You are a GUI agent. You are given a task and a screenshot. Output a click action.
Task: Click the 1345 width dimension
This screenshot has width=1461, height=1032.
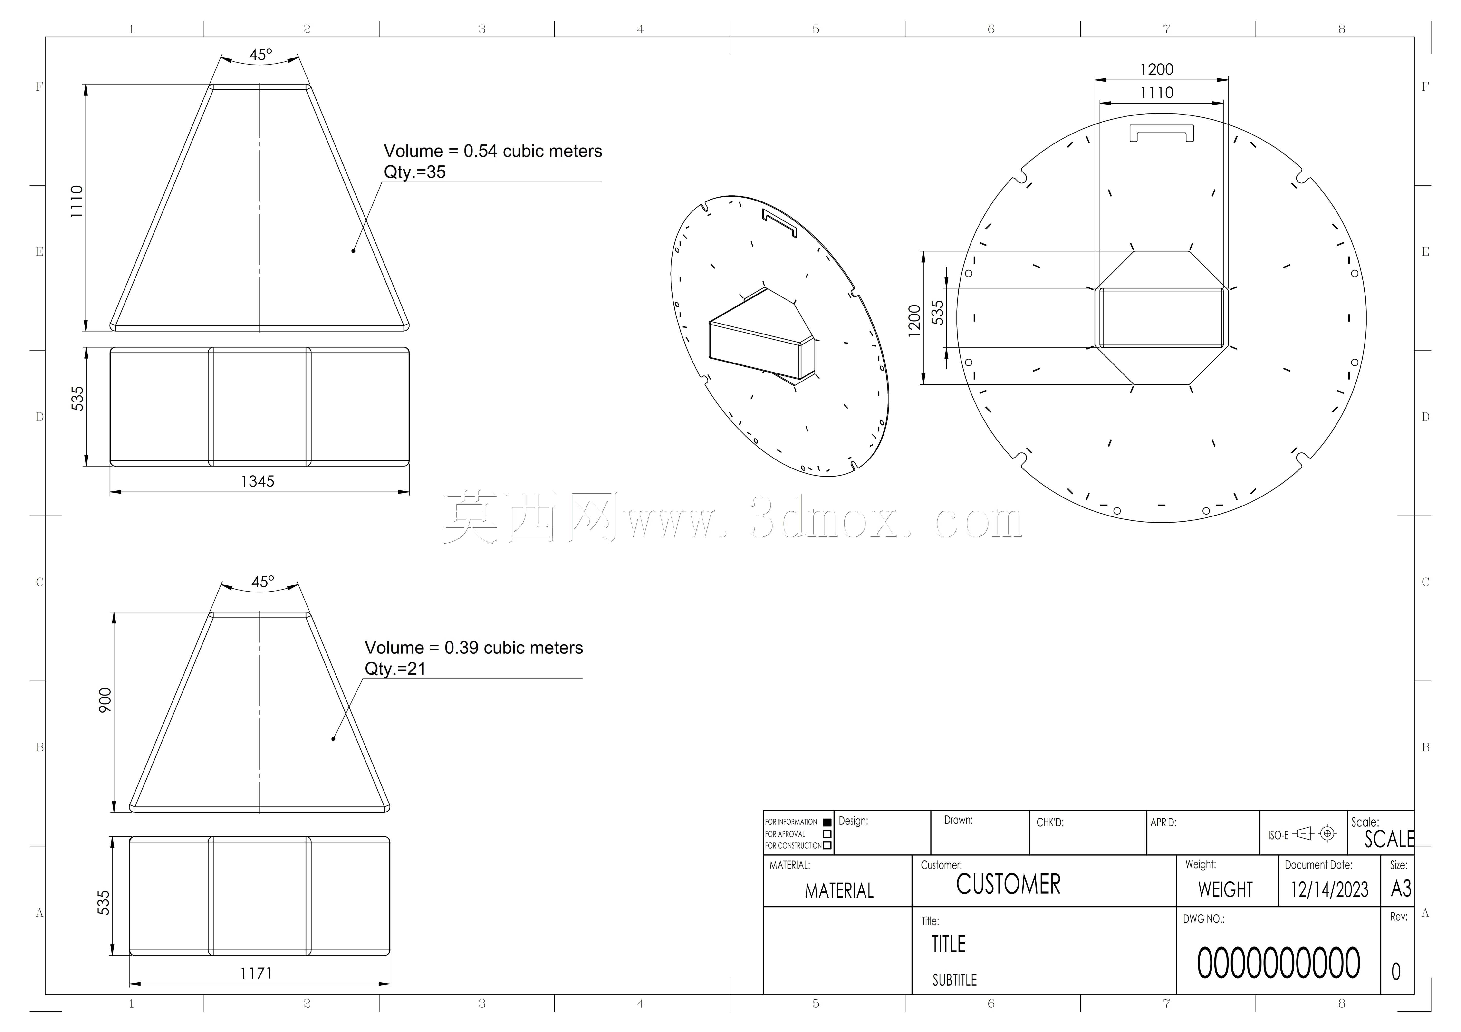[258, 482]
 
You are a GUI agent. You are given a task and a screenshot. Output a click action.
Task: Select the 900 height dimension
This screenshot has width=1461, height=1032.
[105, 700]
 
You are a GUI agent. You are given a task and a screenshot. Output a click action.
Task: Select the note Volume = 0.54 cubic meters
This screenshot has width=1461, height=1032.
[492, 151]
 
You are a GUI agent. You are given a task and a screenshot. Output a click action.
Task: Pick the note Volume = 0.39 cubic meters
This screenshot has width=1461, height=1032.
[473, 648]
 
